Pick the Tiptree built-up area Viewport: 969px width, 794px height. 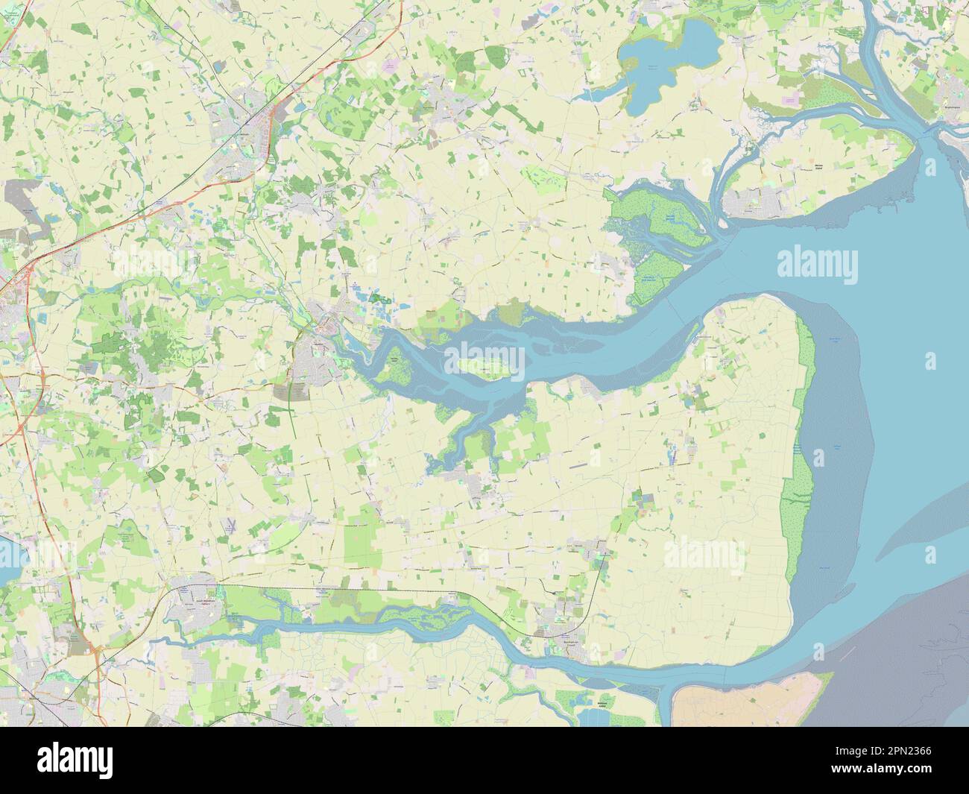pos(451,104)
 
